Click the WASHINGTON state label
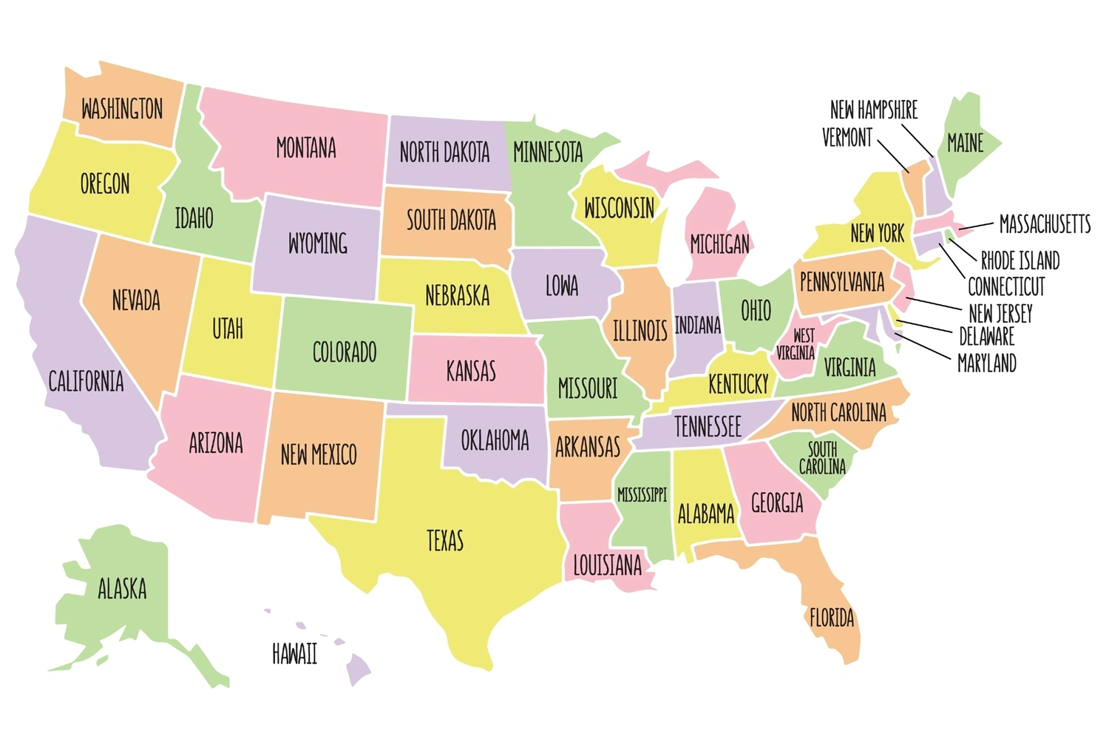[122, 110]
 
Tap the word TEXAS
[445, 541]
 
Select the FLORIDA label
[832, 618]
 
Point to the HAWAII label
[294, 654]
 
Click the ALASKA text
[122, 589]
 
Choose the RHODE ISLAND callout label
[1020, 260]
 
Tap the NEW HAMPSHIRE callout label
[873, 110]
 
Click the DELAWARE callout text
[986, 337]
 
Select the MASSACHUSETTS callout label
[1044, 223]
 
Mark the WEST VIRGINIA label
[796, 345]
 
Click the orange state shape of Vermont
[916, 185]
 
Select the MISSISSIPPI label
[642, 495]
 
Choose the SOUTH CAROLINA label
[822, 458]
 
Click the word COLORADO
[345, 352]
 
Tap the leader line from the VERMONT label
[894, 156]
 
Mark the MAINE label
[965, 143]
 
